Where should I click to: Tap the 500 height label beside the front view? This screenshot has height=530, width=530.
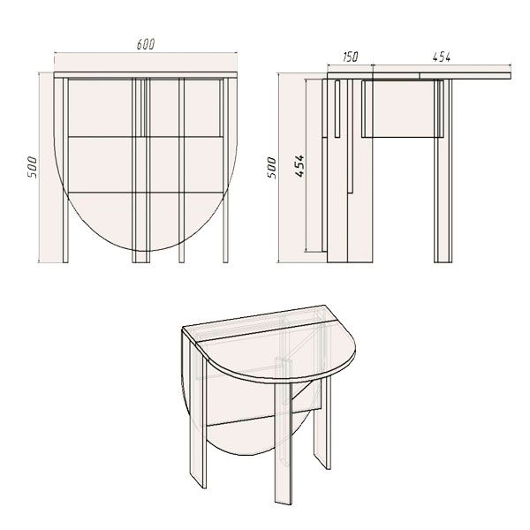(x=32, y=168)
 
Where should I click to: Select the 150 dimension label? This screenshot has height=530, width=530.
(x=349, y=57)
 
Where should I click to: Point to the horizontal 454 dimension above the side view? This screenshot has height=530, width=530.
(x=442, y=57)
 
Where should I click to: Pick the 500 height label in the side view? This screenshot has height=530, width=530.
(x=272, y=168)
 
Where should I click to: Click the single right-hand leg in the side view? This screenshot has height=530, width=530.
(x=440, y=177)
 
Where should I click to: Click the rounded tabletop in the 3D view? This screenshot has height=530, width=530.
(x=274, y=353)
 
